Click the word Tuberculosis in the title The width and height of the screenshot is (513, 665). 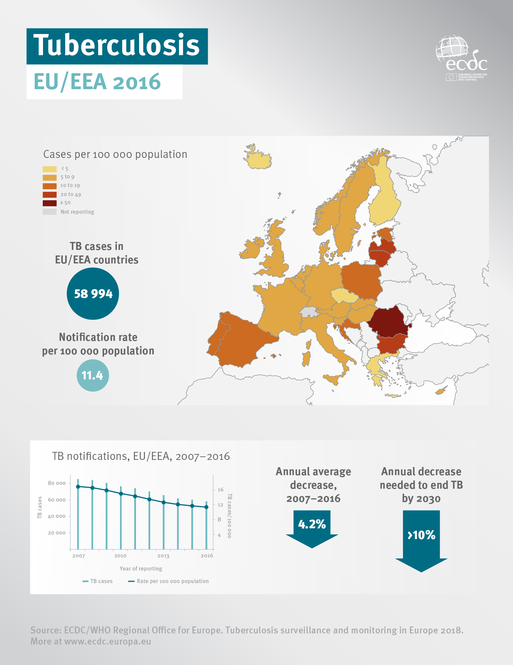point(117,45)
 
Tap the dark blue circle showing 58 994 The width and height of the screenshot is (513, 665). point(93,294)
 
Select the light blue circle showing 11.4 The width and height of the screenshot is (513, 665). point(93,376)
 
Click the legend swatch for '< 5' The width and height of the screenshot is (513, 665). point(50,169)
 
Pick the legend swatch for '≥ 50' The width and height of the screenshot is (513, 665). point(50,203)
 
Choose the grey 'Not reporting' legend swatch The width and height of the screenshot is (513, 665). point(50,212)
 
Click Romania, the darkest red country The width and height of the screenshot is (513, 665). point(388,321)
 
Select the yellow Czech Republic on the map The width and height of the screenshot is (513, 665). point(344,295)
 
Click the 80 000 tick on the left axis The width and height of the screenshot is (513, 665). point(57,483)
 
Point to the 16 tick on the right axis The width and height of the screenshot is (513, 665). point(220,490)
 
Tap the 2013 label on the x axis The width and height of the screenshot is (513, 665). point(163,556)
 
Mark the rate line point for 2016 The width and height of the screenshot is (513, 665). point(206,507)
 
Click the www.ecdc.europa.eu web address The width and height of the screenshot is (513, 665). point(108,641)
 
